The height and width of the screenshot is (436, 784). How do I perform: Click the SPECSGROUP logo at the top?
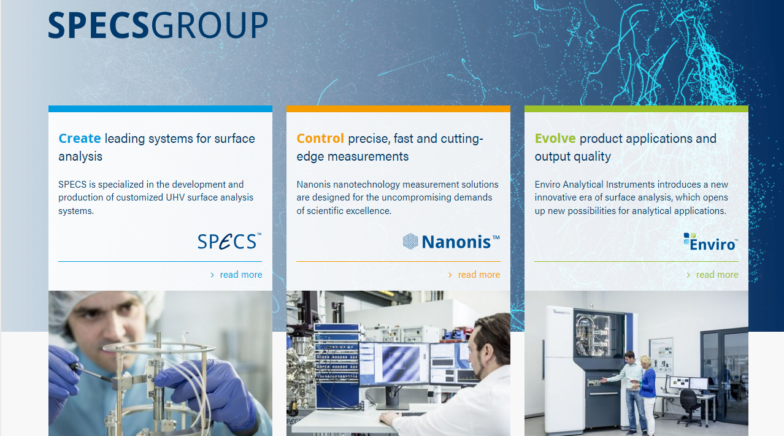pos(158,25)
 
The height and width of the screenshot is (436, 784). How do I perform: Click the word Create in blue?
pos(80,139)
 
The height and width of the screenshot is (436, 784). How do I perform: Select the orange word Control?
pos(320,139)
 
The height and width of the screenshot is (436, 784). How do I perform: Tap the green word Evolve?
pos(555,139)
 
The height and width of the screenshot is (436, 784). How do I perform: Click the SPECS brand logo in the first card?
pos(229,241)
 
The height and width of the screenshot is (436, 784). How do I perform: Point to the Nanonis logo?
pos(451,242)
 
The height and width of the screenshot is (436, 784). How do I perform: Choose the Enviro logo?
pos(711,242)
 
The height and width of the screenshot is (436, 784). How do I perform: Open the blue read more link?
pos(237,275)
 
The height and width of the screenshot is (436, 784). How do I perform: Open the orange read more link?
pos(475,275)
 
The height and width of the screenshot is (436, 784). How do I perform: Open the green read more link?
pos(713,275)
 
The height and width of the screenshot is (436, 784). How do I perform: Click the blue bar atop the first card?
pos(160,109)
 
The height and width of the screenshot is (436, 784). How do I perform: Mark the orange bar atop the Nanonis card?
pos(398,109)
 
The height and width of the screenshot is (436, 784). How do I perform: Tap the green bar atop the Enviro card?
pos(636,109)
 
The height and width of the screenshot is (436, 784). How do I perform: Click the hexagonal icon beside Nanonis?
pos(410,242)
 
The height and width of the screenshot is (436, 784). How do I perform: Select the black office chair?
pos(688,406)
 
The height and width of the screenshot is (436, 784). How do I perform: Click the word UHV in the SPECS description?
pos(175,197)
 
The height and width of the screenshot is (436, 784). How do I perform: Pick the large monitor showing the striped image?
pos(394,364)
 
